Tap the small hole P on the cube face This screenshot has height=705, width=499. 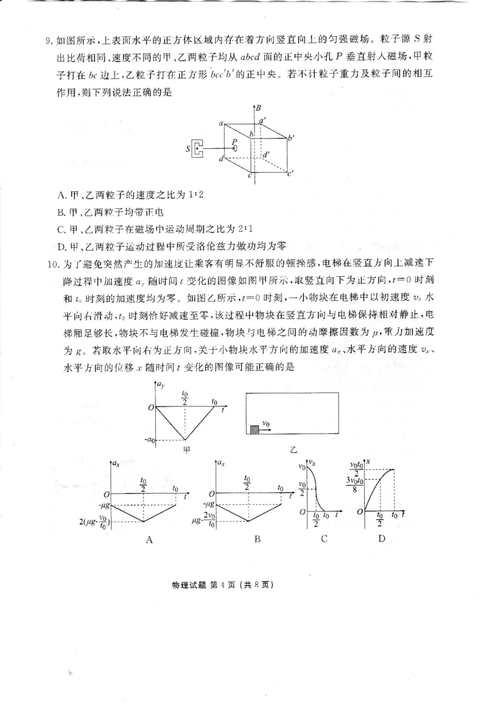tap(235, 148)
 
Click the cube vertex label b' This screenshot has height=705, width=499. tap(291, 136)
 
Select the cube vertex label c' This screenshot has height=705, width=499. tap(291, 173)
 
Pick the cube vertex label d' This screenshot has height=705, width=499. tap(266, 153)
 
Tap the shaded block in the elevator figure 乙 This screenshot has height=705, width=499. tap(254, 429)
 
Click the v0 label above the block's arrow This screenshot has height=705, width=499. tap(266, 423)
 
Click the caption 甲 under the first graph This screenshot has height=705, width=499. tap(185, 449)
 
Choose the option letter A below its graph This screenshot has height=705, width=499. tap(149, 540)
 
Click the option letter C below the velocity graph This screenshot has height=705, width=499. tap(324, 539)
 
